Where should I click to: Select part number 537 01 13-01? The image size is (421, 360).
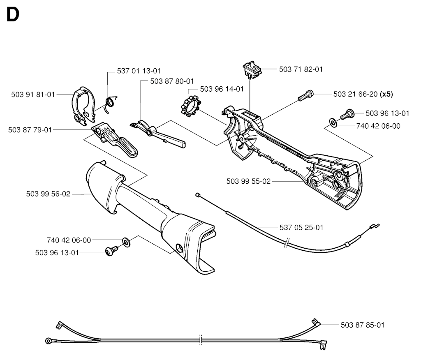point(139,71)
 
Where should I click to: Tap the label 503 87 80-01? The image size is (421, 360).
point(172,81)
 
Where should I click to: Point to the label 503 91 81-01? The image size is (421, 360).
point(33,95)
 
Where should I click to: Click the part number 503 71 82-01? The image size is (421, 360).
point(301,69)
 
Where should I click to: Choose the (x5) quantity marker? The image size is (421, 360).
point(386,94)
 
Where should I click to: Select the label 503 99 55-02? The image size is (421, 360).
point(249,181)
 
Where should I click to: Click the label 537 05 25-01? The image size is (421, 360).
point(301,228)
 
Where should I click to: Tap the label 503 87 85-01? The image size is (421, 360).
point(363,325)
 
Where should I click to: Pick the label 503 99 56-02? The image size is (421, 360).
point(49,194)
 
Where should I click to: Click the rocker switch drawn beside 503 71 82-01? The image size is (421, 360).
point(252,69)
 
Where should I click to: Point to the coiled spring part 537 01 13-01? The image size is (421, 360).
point(111,103)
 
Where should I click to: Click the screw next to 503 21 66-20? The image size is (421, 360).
point(306,95)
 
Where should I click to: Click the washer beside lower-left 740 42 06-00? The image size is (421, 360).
point(126,242)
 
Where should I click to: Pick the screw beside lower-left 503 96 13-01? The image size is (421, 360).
point(111,251)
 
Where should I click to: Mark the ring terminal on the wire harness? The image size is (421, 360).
point(49,341)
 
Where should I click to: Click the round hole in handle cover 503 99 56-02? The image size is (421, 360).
point(179,248)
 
